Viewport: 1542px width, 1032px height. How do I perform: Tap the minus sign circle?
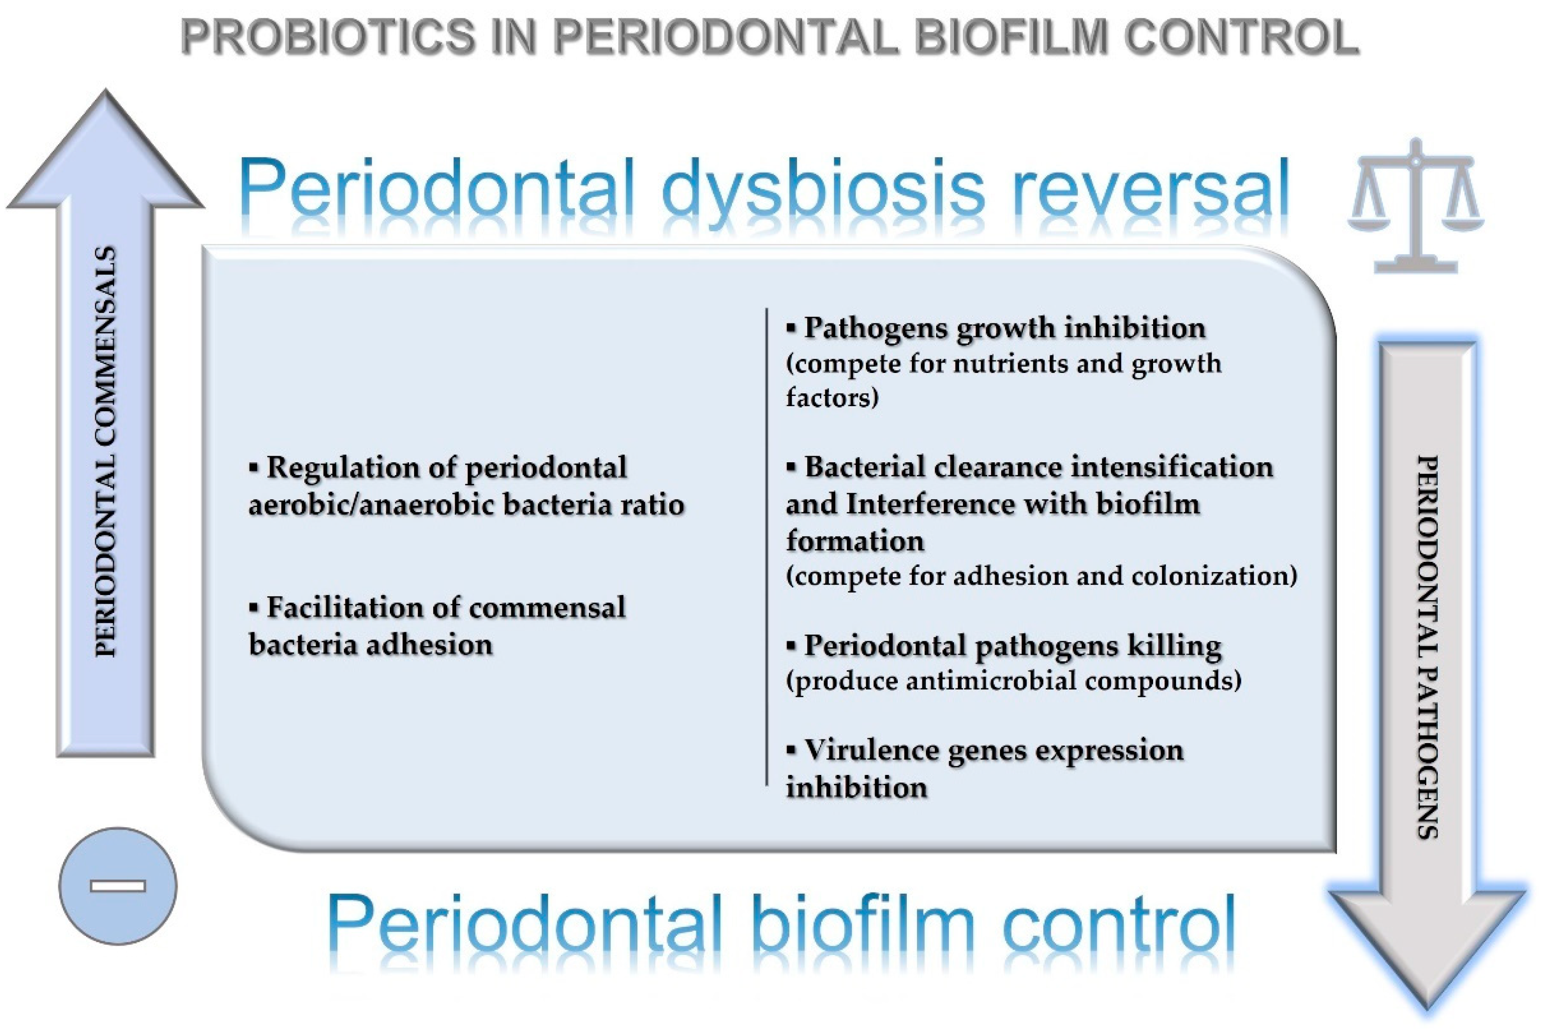pos(118,886)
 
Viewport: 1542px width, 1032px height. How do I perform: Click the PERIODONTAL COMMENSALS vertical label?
pos(105,451)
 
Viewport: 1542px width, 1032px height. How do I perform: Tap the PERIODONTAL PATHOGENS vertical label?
pos(1426,646)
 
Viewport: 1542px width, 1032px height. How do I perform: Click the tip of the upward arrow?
pos(105,90)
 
